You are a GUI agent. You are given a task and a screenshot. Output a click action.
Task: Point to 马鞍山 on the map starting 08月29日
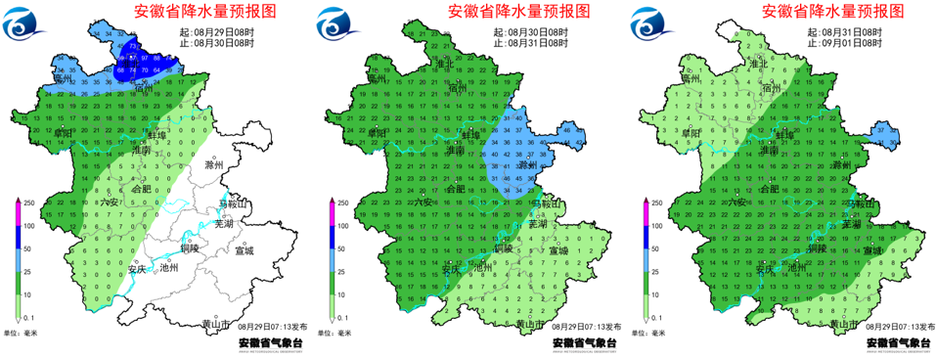pos(234,204)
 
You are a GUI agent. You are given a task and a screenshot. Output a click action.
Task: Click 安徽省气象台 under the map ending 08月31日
pos(584,343)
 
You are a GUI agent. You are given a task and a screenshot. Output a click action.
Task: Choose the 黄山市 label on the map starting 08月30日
pos(529,324)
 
